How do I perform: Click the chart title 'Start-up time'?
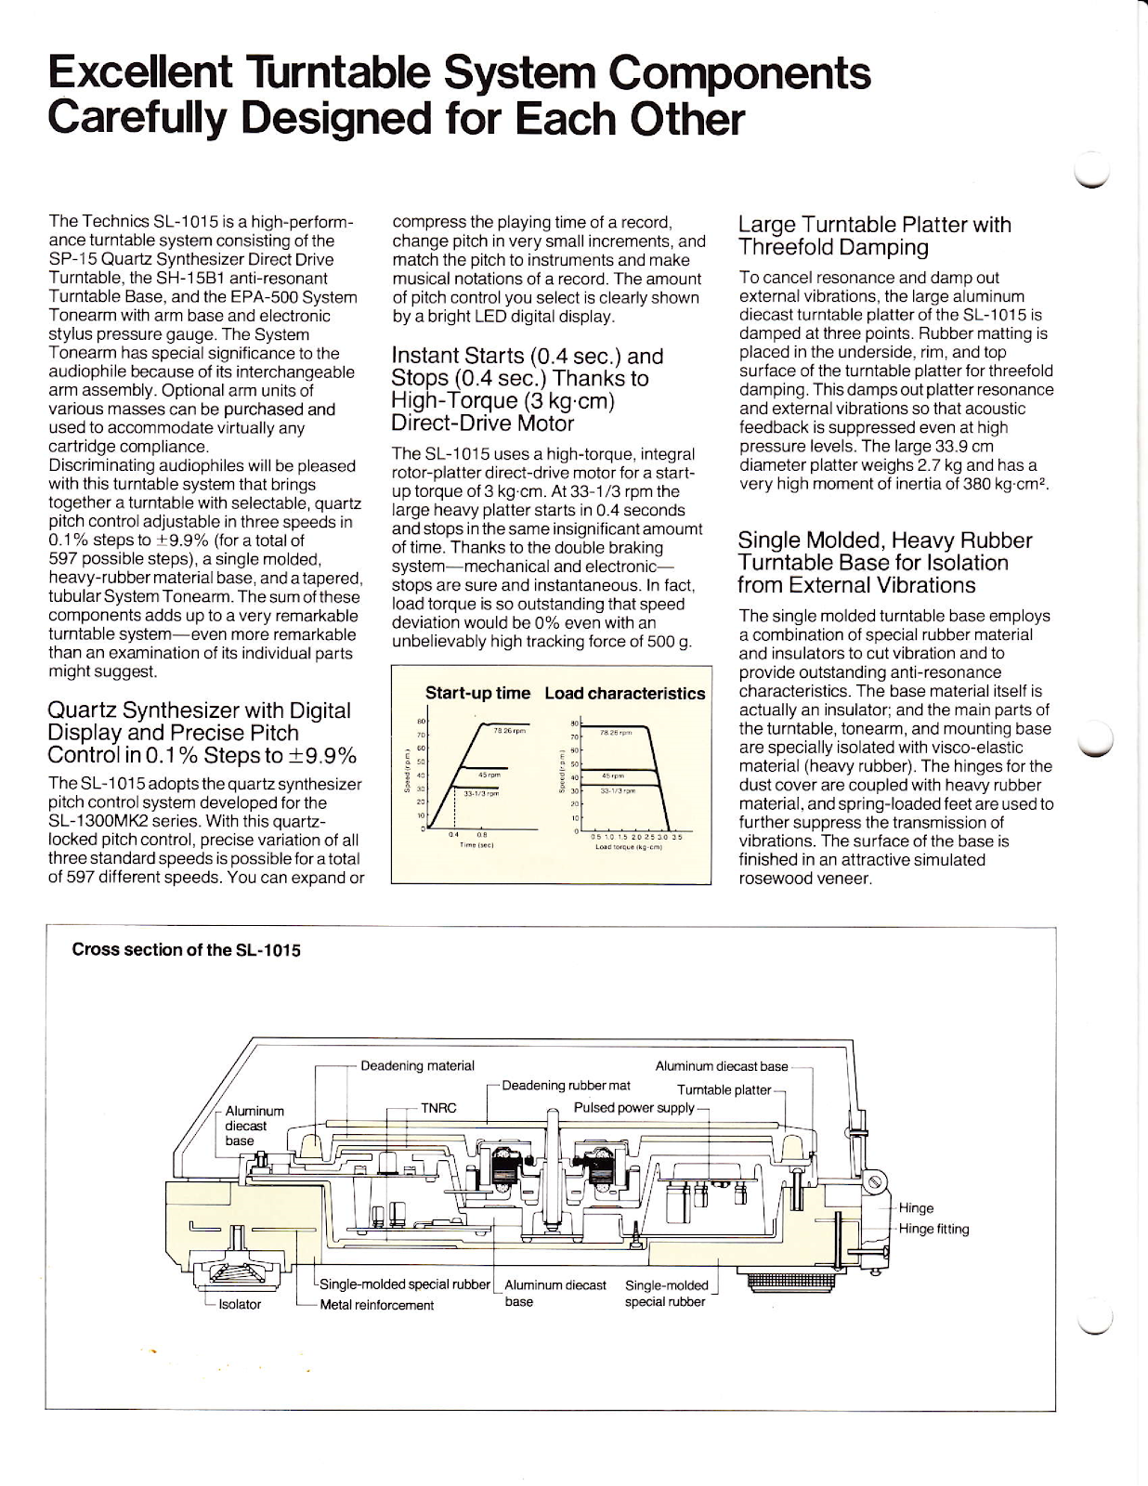point(477,693)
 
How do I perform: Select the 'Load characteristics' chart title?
point(624,693)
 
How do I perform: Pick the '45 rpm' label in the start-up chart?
point(489,774)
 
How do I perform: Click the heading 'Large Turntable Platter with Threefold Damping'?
point(874,236)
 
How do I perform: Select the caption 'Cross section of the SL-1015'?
point(187,950)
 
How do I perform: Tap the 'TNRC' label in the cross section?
point(438,1107)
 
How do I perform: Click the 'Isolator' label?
point(240,1304)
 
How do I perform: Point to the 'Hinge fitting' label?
point(933,1229)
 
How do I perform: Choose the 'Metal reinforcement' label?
point(376,1305)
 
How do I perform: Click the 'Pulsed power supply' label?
point(633,1107)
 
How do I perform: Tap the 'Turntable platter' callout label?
point(724,1089)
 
